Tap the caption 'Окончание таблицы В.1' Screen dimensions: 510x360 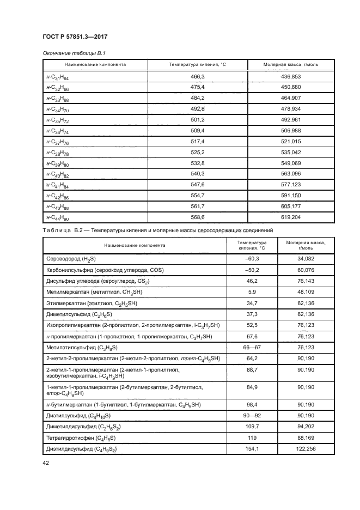[70, 53]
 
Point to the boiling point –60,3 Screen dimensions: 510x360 [253, 259]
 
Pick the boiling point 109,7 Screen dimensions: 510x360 [253, 427]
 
